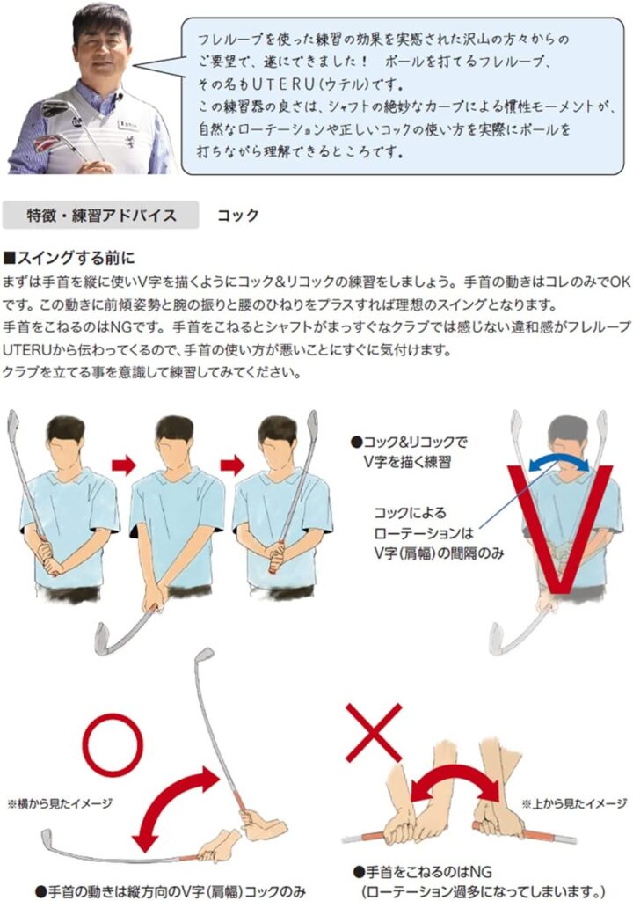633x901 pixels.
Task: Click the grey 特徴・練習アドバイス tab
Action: point(100,216)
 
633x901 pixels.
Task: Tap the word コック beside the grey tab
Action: point(237,216)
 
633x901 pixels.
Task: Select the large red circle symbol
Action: point(112,744)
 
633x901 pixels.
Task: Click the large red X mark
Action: point(374,733)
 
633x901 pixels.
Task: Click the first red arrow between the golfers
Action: point(123,465)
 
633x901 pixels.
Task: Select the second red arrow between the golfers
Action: point(232,465)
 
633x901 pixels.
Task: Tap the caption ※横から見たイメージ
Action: point(60,803)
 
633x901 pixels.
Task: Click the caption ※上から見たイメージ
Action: point(574,803)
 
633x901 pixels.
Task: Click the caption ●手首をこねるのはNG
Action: point(424,872)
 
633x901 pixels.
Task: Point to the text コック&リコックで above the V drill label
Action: point(409,442)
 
